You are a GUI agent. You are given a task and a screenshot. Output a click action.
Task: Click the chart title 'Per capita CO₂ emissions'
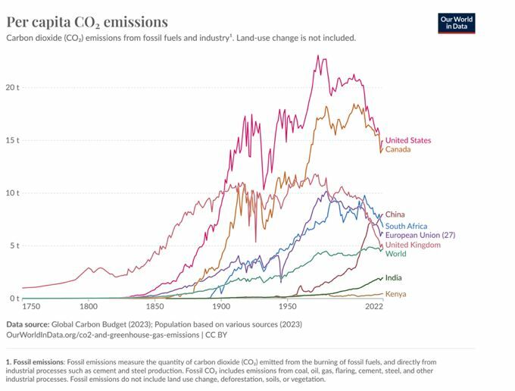(87, 22)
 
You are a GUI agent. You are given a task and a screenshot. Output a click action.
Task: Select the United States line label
(407, 140)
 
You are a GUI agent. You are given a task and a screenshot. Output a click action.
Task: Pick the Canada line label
(398, 149)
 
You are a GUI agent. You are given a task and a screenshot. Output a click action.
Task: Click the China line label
(395, 214)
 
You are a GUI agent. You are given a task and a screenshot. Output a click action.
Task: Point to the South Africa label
(406, 226)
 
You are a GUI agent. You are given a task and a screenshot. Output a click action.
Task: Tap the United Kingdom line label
(413, 245)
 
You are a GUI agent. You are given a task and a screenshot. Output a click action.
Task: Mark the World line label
(395, 254)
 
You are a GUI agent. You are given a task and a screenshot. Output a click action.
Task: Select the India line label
(393, 278)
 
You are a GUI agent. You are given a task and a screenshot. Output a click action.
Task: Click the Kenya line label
(395, 293)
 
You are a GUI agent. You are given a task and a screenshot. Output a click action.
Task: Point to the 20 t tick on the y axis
(12, 87)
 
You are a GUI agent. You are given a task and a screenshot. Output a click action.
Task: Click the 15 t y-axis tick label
(12, 140)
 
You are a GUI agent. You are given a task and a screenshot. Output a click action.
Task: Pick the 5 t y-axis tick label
(14, 246)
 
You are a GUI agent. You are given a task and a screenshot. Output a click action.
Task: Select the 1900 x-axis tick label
(221, 307)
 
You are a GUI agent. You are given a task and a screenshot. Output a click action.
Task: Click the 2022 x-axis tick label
(373, 307)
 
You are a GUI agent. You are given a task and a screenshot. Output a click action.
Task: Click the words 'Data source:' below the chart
(29, 324)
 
